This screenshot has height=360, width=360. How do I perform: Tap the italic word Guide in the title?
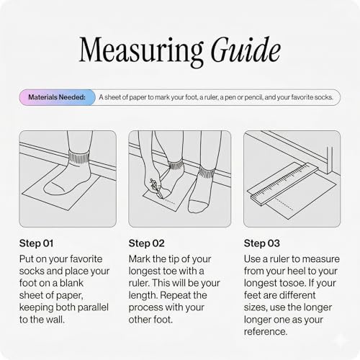coord(246,50)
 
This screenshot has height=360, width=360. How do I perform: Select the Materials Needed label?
coord(57,97)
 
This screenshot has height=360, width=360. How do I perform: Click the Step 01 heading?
coord(36,243)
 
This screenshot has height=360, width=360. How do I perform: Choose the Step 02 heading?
coord(146,243)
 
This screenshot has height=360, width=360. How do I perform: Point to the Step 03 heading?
coord(262,243)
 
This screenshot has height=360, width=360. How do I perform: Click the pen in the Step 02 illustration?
coord(157,189)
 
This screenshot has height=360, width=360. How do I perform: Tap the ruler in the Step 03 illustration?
coord(284,184)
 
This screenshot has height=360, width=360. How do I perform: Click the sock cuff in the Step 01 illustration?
coord(79,158)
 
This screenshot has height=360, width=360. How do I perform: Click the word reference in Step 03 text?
coord(266,332)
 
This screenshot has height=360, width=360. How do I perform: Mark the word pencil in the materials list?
coord(253,97)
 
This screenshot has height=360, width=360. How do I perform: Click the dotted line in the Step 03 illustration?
coord(283,204)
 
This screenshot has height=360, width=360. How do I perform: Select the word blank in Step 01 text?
coord(71,283)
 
